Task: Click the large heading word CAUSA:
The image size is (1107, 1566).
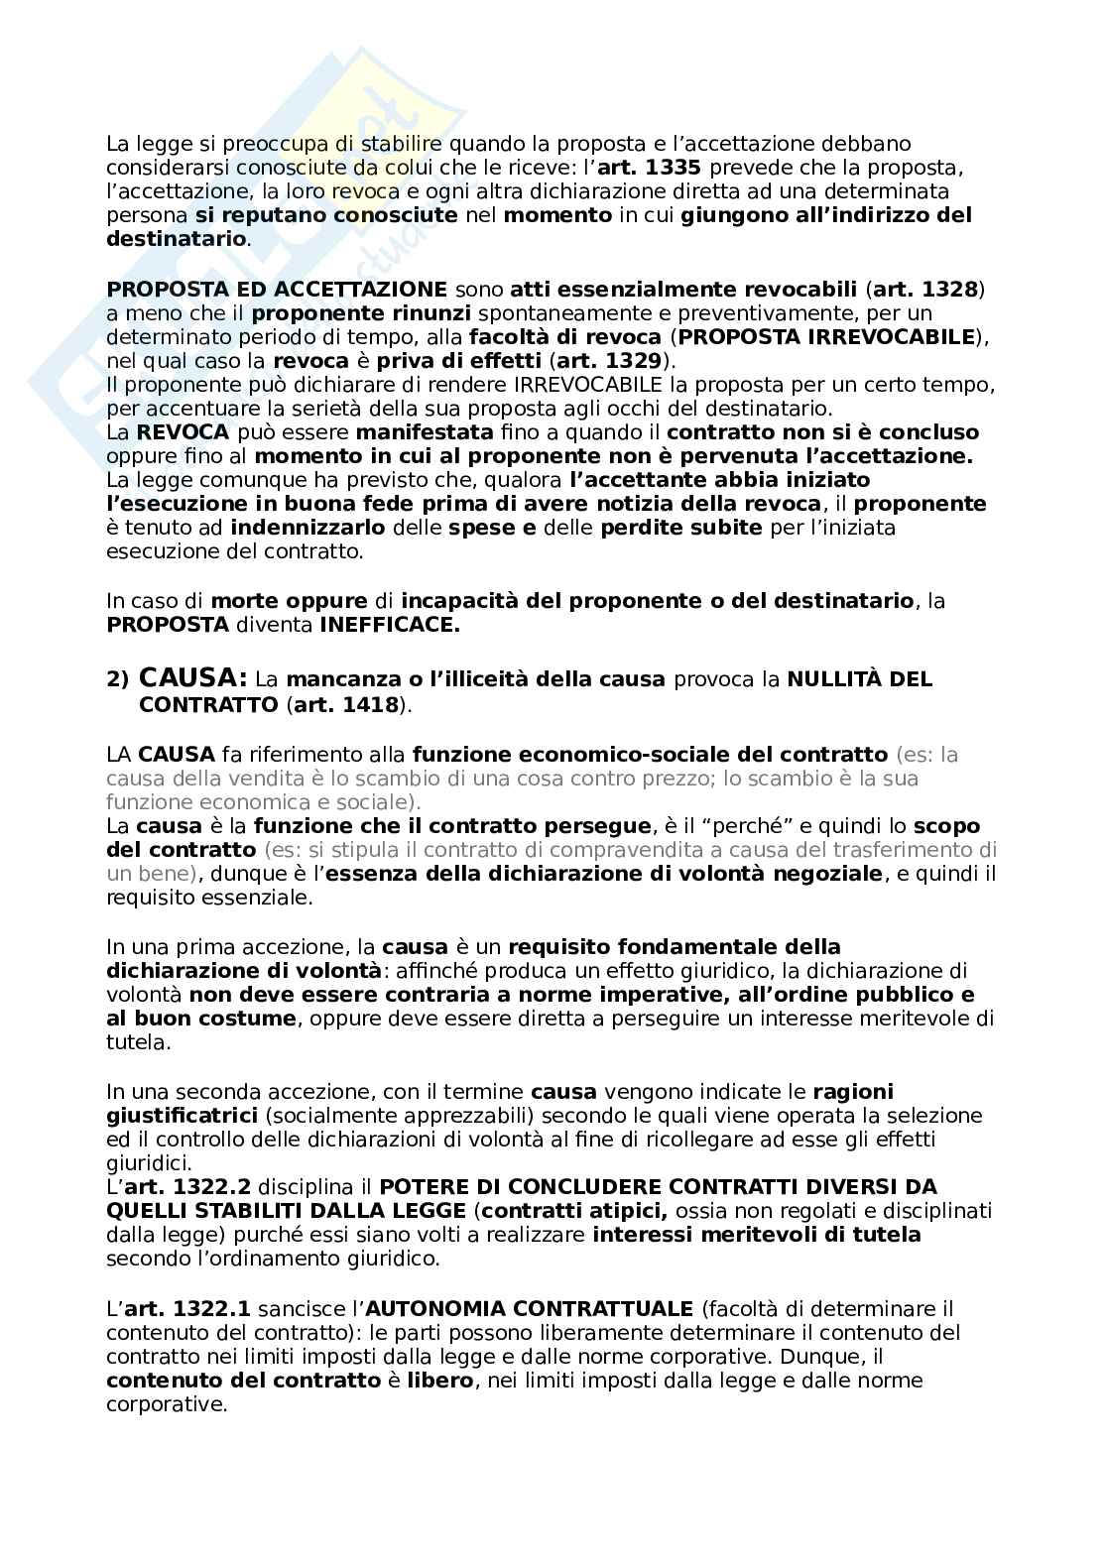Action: click(193, 678)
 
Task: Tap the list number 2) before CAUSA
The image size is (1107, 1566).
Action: click(117, 680)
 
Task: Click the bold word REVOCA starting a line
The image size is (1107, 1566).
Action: click(183, 432)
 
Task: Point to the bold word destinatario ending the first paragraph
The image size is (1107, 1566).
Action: click(176, 239)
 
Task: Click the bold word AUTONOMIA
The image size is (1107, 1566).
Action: click(431, 1309)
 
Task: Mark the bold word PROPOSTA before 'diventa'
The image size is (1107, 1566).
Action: click(166, 625)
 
